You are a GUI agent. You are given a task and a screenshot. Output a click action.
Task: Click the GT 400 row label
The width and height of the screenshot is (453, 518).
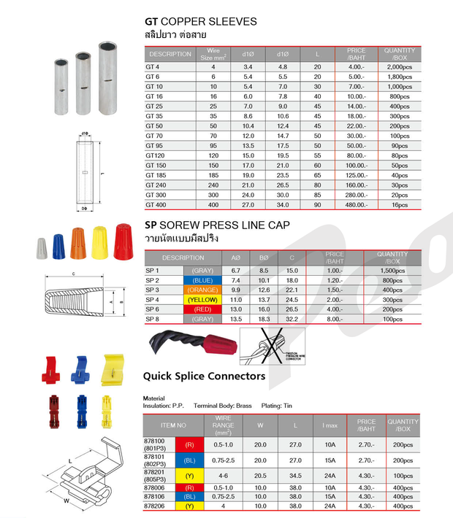point(154,205)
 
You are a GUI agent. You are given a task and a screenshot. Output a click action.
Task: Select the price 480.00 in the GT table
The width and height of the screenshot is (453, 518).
point(356,205)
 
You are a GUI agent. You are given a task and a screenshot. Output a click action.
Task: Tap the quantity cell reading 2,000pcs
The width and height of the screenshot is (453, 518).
point(399,67)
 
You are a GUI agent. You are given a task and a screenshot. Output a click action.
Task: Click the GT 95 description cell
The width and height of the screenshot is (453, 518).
point(154,146)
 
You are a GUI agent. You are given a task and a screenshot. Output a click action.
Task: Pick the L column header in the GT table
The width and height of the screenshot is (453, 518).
point(317,53)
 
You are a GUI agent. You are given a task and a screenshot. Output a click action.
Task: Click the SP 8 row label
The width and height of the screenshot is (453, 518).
point(153,320)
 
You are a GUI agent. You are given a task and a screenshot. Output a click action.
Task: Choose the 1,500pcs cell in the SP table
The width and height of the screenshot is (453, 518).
point(393,271)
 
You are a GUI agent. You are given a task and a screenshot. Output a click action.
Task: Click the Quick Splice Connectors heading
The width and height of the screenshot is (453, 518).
point(204,376)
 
